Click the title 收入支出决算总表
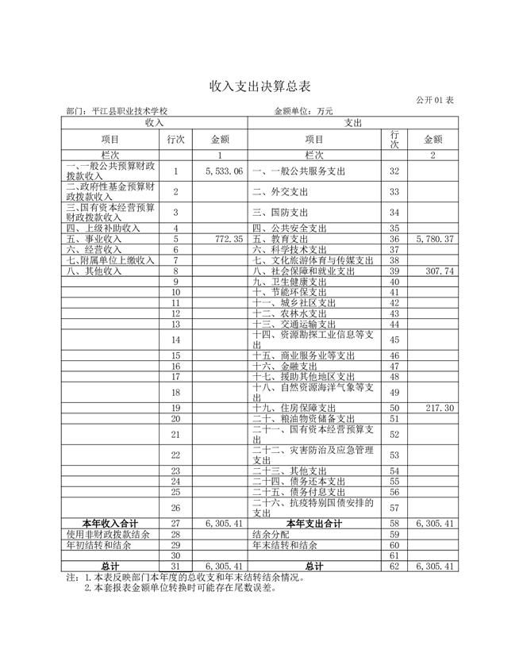259,85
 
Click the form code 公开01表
433,101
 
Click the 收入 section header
155,123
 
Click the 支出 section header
353,123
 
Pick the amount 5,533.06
223,171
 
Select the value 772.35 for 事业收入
229,239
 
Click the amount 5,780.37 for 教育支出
433,239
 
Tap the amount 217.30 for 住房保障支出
439,408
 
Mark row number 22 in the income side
176,455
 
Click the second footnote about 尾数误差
180,589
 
